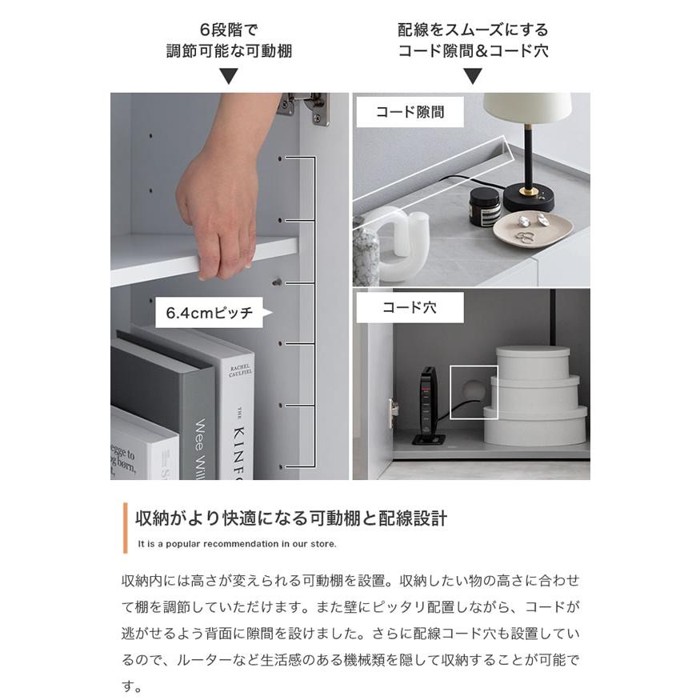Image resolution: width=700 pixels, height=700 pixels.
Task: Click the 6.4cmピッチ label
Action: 209,314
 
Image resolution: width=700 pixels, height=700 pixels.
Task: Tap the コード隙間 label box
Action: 410,113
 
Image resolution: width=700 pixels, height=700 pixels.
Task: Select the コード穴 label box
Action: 410,307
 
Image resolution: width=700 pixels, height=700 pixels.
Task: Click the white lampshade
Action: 527,108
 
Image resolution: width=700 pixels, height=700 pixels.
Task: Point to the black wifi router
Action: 428,404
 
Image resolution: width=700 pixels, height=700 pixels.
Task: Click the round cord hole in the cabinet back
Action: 472,389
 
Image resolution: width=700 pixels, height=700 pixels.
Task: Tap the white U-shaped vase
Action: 400,244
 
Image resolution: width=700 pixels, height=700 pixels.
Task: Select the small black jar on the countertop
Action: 485,207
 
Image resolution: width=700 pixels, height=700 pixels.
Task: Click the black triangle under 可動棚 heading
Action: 229,77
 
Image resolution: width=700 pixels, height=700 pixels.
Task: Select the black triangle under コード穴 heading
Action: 473,77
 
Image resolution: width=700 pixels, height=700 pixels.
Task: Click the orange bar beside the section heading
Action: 125,528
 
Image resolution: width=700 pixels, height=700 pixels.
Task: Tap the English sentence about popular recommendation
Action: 238,544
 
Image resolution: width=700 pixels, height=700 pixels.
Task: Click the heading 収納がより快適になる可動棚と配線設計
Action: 291,518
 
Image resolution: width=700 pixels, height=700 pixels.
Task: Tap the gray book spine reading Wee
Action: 200,432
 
